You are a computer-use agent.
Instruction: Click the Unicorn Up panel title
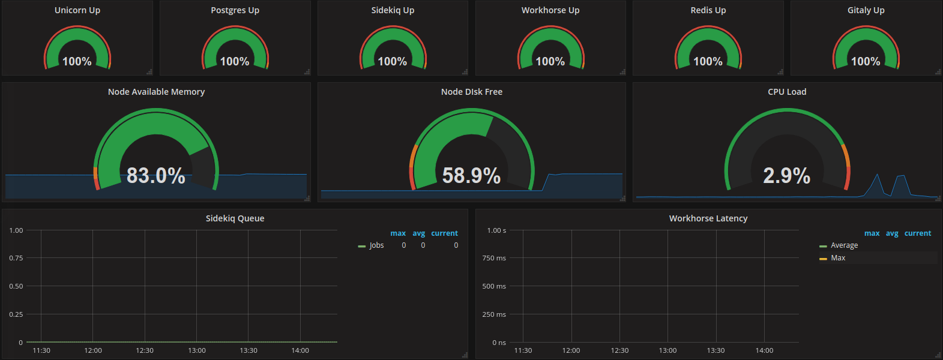click(x=77, y=10)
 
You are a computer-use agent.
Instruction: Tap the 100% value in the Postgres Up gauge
click(x=235, y=61)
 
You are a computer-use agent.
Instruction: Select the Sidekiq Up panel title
click(x=393, y=10)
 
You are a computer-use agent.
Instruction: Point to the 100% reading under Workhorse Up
click(x=550, y=61)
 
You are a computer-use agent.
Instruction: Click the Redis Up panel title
click(x=708, y=10)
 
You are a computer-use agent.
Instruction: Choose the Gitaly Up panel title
click(x=866, y=10)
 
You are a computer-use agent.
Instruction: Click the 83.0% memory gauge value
click(x=155, y=175)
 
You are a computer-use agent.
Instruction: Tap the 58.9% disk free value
click(x=472, y=175)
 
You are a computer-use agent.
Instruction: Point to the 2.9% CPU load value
click(x=787, y=175)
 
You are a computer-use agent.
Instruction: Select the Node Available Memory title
click(x=156, y=92)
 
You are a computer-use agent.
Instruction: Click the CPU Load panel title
click(x=787, y=92)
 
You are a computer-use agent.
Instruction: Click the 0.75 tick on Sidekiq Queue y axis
click(x=16, y=258)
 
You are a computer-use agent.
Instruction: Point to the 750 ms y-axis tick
click(x=494, y=258)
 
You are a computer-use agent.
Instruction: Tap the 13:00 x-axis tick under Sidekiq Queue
click(x=197, y=350)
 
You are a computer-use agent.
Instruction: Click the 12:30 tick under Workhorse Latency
click(x=619, y=350)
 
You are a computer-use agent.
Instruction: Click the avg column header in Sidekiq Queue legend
click(x=418, y=233)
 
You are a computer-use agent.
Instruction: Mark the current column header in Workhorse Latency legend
click(x=918, y=233)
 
